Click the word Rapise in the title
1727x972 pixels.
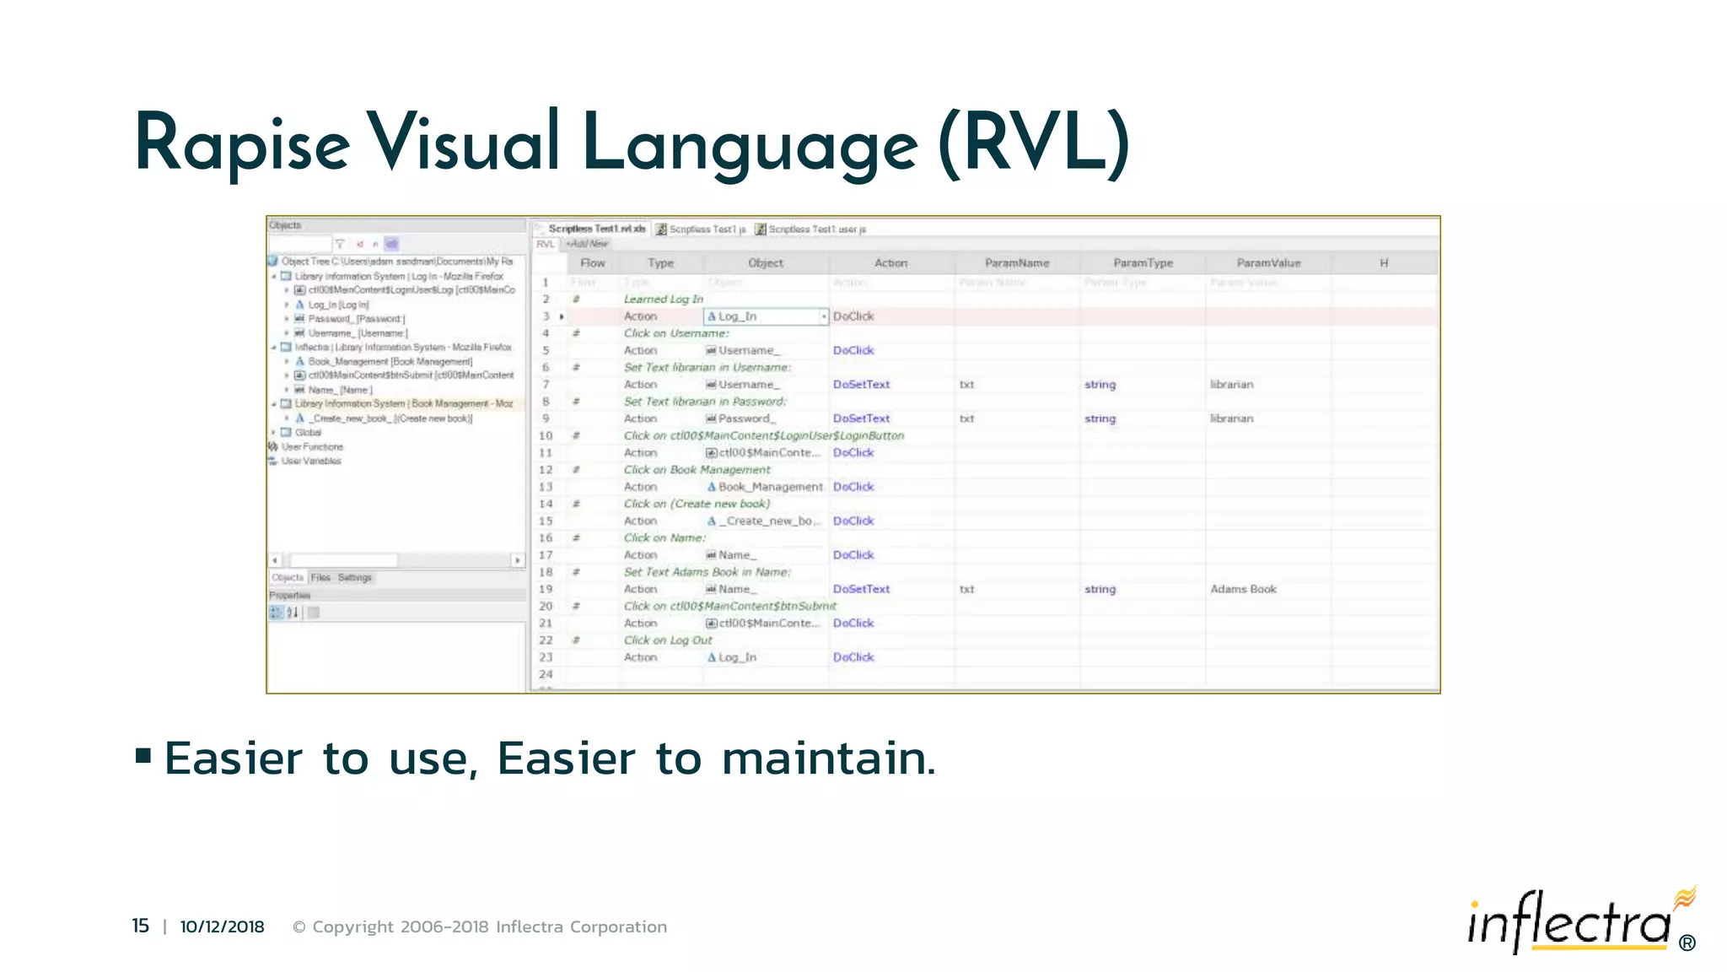coord(242,143)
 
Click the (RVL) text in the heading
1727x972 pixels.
coord(1034,143)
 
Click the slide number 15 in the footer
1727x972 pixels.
coord(140,926)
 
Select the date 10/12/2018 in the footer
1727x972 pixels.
coord(222,926)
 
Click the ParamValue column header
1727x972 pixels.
coord(1268,263)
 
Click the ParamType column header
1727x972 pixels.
coord(1143,263)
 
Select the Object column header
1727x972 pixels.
coord(765,263)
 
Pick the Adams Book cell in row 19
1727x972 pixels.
coord(1243,589)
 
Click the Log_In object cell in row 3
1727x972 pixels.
coord(738,316)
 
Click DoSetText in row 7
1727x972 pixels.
coord(861,384)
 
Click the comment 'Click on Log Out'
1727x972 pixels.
coord(668,640)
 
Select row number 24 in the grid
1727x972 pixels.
coord(546,674)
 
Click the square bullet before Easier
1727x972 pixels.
coord(143,755)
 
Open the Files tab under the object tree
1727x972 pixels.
coord(320,578)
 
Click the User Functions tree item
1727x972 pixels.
coord(312,447)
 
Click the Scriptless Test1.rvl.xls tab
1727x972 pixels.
coord(596,229)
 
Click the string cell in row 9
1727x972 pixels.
coord(1100,418)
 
